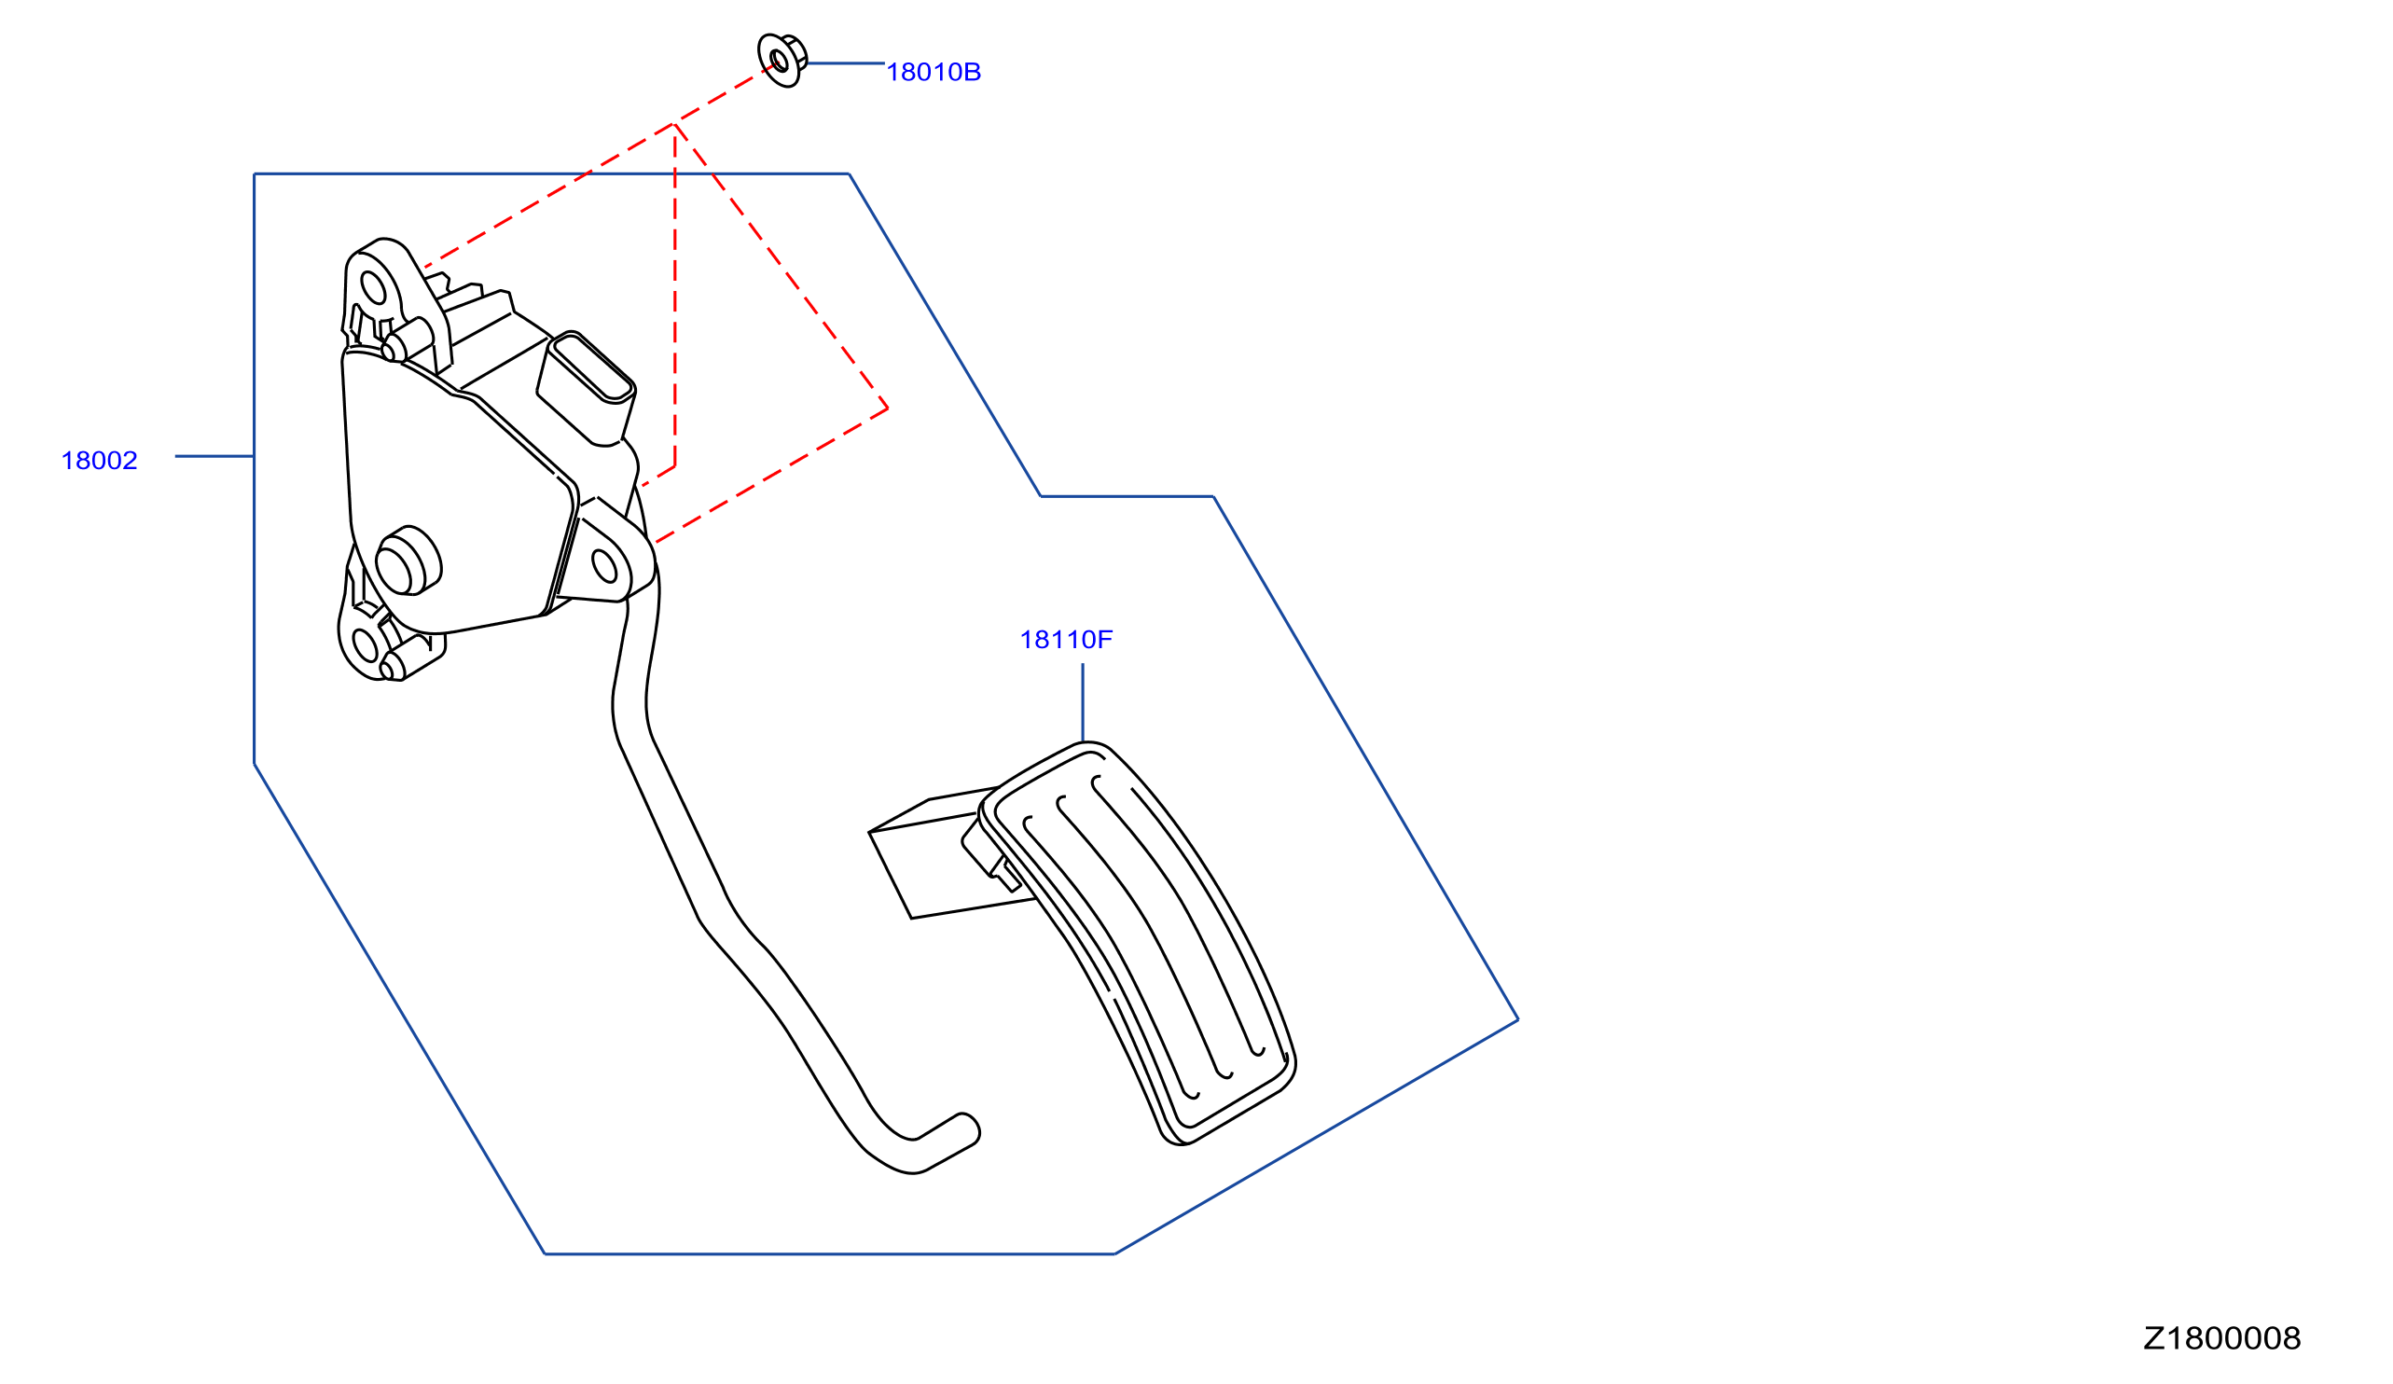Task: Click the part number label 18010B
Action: [x=933, y=72]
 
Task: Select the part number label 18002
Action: [x=100, y=461]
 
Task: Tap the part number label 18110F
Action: [x=1065, y=640]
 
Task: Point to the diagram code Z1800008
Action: [x=2221, y=1338]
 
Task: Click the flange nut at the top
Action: [x=782, y=60]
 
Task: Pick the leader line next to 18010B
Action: [x=846, y=63]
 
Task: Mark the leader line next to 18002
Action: [x=214, y=457]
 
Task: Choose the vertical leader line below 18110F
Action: [x=1083, y=702]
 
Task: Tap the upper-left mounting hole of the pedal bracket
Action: [x=373, y=288]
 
